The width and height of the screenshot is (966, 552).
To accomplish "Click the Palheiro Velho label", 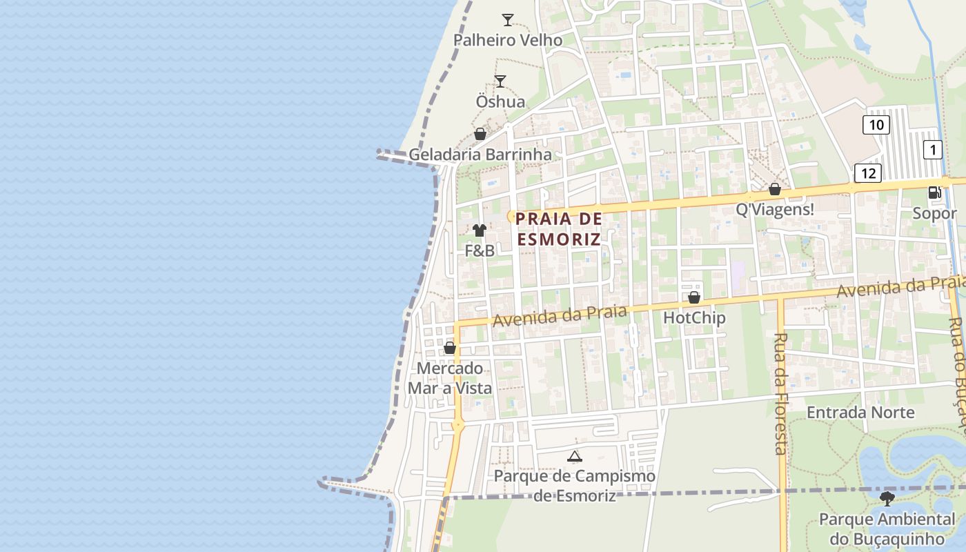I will (507, 40).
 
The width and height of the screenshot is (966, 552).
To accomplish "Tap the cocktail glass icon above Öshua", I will (500, 81).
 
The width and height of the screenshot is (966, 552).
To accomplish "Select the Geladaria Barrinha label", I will (480, 155).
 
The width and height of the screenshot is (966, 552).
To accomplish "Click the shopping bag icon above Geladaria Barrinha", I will (480, 134).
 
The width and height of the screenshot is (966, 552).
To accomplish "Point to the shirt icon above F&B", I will (480, 230).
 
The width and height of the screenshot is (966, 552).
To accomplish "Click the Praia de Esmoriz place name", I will (559, 229).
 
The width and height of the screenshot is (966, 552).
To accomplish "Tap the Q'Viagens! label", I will (775, 210).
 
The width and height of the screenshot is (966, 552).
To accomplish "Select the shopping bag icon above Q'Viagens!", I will (775, 189).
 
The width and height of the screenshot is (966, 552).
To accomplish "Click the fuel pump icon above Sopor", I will (934, 193).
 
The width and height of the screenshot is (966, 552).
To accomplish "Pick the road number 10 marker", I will (876, 125).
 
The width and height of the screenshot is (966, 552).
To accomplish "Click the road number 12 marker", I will (868, 172).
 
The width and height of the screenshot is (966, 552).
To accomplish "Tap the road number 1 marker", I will (933, 150).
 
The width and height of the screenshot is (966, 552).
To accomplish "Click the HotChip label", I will (694, 318).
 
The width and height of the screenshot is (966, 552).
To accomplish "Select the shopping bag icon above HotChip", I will (694, 297).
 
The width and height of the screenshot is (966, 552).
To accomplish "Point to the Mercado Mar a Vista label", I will (450, 378).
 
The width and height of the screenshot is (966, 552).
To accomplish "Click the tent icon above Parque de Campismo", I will (574, 456).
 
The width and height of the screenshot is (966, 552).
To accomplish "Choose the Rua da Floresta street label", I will (781, 394).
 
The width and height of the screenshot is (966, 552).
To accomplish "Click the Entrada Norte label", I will (860, 413).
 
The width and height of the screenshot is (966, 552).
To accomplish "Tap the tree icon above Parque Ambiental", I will (887, 498).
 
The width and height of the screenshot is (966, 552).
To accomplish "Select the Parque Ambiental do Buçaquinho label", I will (887, 529).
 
